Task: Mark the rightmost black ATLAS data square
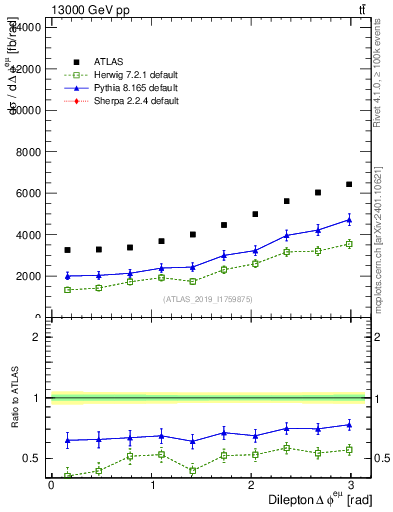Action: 349,184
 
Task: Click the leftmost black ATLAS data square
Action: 67,250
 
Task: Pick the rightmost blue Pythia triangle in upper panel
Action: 349,219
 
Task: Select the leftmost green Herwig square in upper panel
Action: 67,290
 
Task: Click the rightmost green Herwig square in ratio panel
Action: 349,450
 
